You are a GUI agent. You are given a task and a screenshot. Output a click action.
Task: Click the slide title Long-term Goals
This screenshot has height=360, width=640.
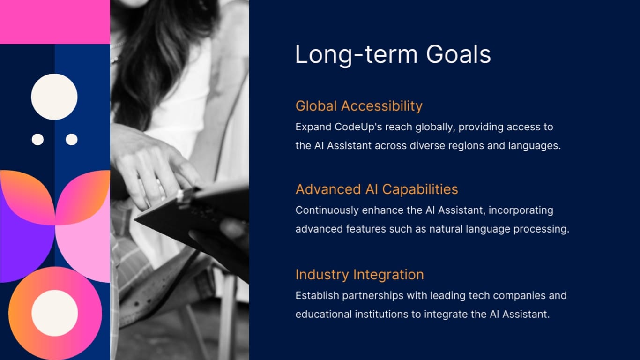pyautogui.click(x=393, y=54)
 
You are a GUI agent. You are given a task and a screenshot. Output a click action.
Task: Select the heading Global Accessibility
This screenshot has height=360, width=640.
pyautogui.click(x=359, y=106)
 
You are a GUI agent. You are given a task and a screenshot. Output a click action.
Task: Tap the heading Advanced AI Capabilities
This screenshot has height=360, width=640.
pyautogui.click(x=377, y=189)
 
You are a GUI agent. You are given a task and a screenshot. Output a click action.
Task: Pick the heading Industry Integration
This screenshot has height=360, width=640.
pyautogui.click(x=359, y=275)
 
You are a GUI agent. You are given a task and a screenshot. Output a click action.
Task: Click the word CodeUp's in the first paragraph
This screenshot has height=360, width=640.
pyautogui.click(x=357, y=127)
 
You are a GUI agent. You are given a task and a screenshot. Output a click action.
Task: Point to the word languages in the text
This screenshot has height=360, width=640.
pyautogui.click(x=534, y=146)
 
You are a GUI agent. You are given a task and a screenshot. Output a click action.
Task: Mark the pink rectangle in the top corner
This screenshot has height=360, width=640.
pyautogui.click(x=55, y=22)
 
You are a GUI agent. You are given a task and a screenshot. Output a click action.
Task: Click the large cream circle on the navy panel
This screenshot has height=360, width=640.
pyautogui.click(x=54, y=97)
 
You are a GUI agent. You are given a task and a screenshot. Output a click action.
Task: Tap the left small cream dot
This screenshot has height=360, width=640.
pyautogui.click(x=37, y=139)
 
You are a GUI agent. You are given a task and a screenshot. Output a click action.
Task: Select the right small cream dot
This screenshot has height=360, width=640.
pyautogui.click(x=72, y=139)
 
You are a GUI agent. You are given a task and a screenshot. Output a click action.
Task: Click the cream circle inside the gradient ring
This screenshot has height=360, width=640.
pyautogui.click(x=55, y=313)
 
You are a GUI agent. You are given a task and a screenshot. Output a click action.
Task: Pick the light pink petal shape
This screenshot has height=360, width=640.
pyautogui.click(x=87, y=248)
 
